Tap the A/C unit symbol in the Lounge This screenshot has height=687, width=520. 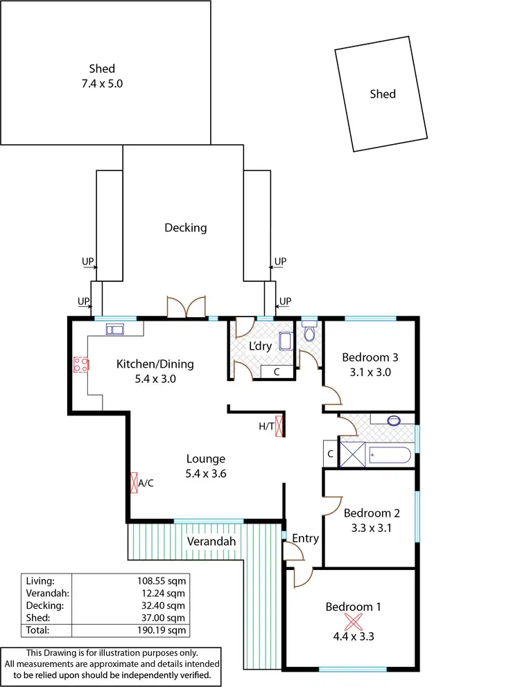point(134,482)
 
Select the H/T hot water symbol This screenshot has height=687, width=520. point(280,426)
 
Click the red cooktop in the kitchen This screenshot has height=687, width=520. point(81,365)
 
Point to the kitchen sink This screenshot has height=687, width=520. point(114,329)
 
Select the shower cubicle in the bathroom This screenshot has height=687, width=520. point(352,454)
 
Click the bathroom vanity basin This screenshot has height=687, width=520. point(394,420)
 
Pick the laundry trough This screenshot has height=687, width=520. point(286,341)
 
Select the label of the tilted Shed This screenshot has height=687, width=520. point(382,93)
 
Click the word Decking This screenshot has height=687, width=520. point(185,227)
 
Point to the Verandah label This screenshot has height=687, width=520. point(211,542)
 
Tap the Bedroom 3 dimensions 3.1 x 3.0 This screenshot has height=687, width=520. point(370,373)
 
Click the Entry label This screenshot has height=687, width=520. point(305,538)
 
